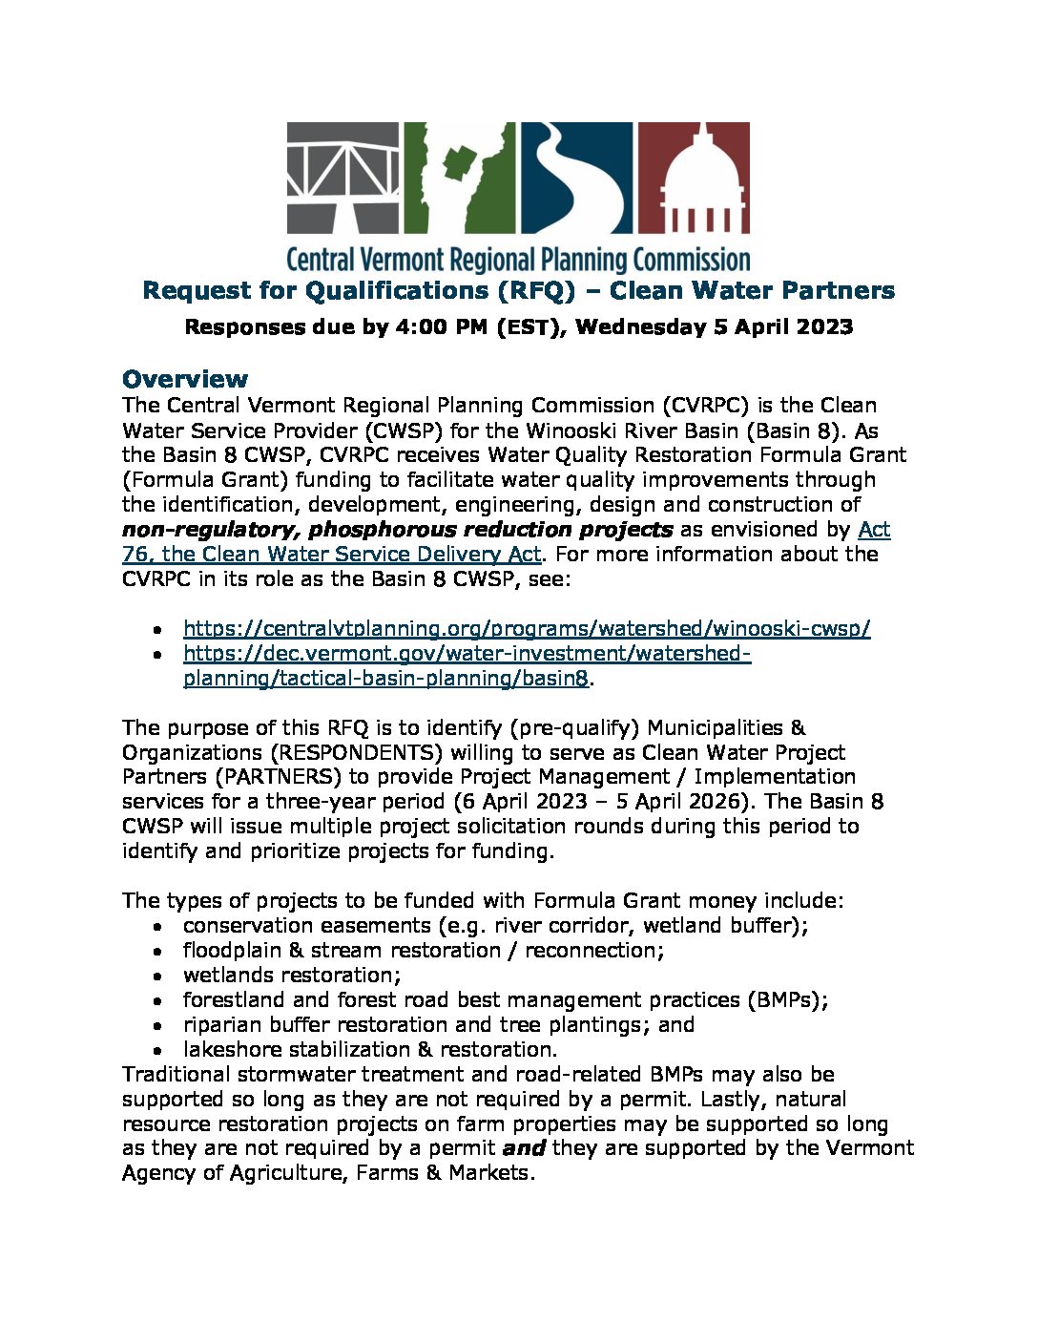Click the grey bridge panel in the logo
pos(343,178)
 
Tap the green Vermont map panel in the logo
pos(460,178)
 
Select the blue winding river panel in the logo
pos(575,178)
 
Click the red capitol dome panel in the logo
pos(694,178)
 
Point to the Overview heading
pos(185,378)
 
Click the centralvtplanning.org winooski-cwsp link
pos(527,628)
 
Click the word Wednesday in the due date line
pos(640,326)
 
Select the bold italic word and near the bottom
pos(523,1148)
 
